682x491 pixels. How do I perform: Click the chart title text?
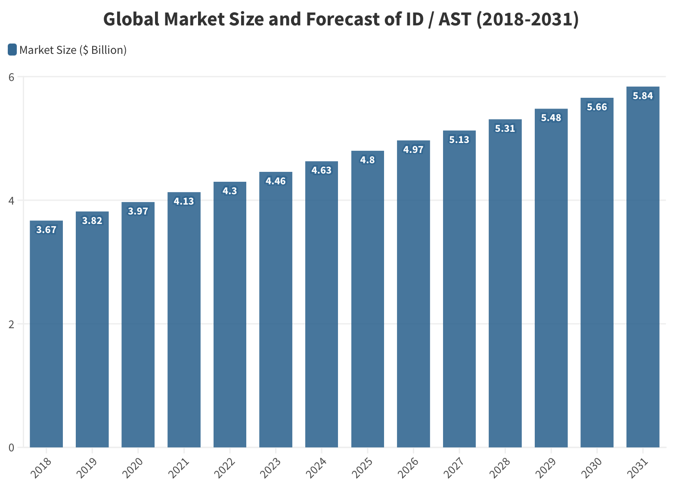341,19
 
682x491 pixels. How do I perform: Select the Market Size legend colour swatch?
12,50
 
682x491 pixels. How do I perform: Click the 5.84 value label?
643,96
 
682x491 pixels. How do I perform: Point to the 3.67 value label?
46,230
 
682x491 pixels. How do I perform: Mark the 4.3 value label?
230,191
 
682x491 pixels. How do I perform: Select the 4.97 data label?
413,150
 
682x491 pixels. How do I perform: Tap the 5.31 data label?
505,129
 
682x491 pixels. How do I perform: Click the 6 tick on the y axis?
12,77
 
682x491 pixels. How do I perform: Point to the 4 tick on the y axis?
12,201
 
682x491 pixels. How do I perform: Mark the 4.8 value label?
367,160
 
